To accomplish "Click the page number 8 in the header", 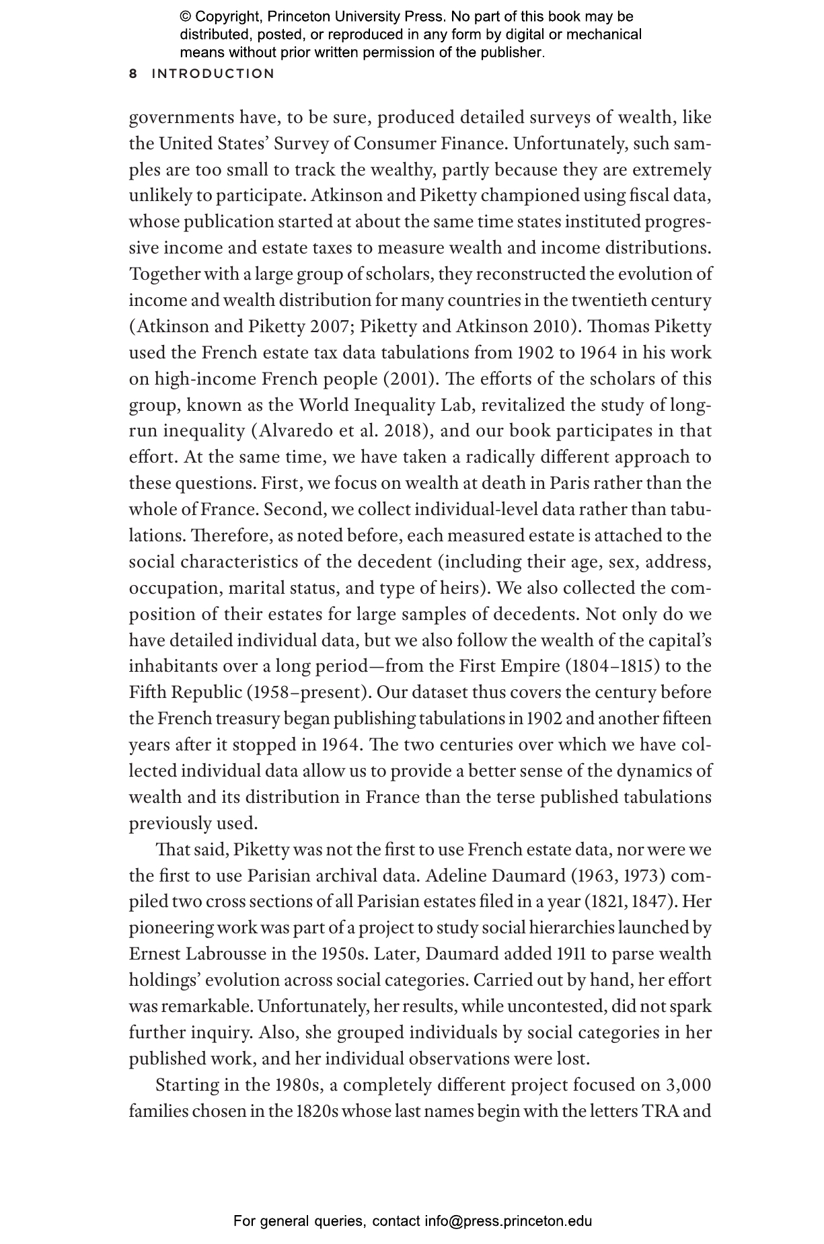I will pos(133,74).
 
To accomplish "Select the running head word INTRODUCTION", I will pos(213,74).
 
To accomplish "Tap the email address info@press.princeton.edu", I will pos(508,1221).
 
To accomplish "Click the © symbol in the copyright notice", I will pos(186,17).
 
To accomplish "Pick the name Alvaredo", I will pos(292,432).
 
